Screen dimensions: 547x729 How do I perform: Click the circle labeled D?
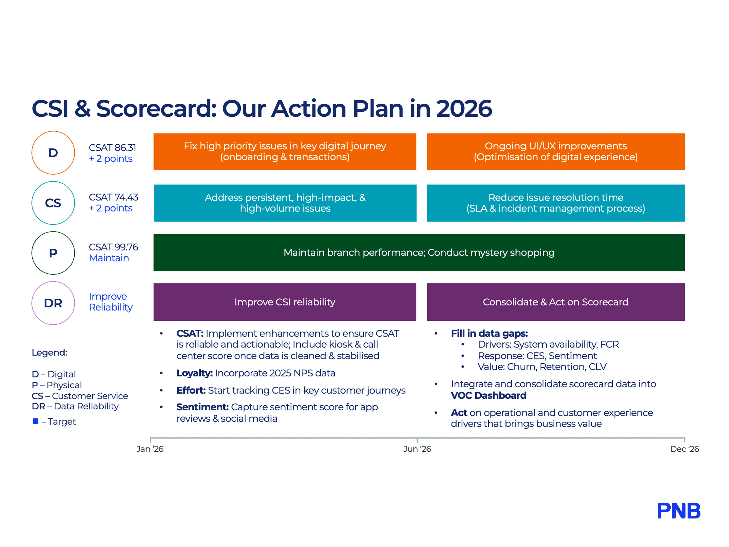coord(53,153)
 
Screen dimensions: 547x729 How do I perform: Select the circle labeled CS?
coord(53,203)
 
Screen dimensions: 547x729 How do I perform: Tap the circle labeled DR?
coord(53,303)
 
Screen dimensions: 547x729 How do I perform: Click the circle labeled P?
coord(53,253)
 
